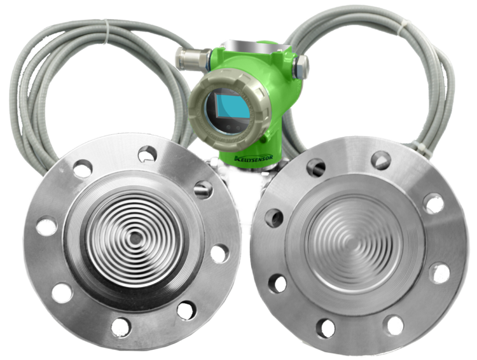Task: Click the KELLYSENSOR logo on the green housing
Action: click(254, 157)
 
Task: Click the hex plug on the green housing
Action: click(301, 66)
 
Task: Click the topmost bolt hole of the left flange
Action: click(148, 155)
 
